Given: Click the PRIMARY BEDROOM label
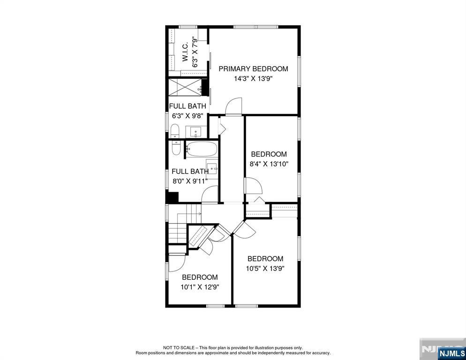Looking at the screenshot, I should (x=253, y=69).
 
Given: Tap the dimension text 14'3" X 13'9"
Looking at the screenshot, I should (x=253, y=79).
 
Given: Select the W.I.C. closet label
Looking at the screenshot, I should (x=185, y=52).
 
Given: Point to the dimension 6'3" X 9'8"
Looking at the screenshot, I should (x=188, y=115).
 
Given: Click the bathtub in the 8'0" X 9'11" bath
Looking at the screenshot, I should (x=202, y=150).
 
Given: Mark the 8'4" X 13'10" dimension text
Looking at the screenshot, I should (x=269, y=164).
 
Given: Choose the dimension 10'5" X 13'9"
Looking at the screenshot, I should (x=265, y=269).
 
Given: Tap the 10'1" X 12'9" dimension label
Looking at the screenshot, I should (x=200, y=287).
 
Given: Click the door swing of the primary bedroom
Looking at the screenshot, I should (x=233, y=105).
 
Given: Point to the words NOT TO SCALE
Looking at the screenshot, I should (x=180, y=347).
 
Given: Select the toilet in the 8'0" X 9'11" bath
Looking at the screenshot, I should (x=176, y=147).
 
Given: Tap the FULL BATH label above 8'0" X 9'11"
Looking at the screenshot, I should (x=189, y=172).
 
